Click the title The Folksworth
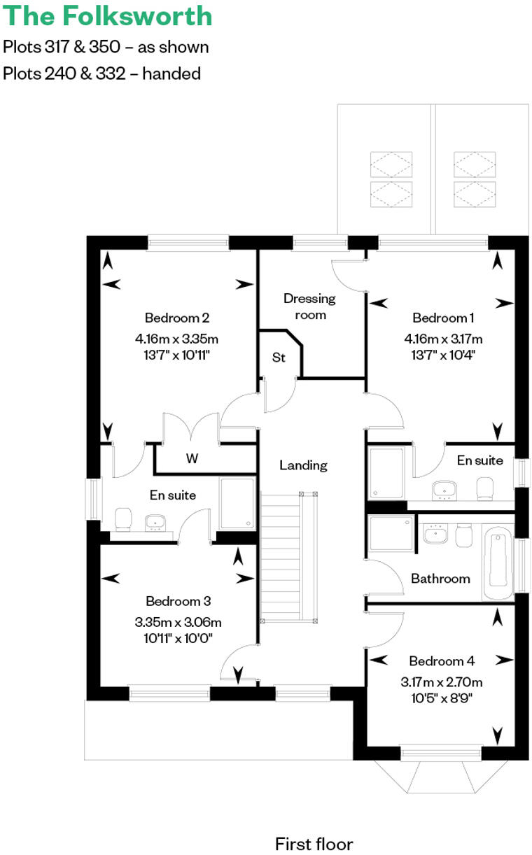pyautogui.click(x=107, y=15)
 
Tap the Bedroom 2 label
pyautogui.click(x=177, y=317)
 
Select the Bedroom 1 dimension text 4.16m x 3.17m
pyautogui.click(x=443, y=339)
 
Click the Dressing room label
pyautogui.click(x=309, y=306)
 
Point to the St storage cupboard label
pyautogui.click(x=279, y=358)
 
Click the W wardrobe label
pyautogui.click(x=192, y=459)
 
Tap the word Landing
pyautogui.click(x=303, y=465)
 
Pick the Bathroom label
pyautogui.click(x=440, y=579)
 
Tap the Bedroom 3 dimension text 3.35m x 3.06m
pyautogui.click(x=178, y=621)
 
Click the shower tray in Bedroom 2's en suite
pyautogui.click(x=237, y=503)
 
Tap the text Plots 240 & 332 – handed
pyautogui.click(x=101, y=73)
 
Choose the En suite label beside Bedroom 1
pyautogui.click(x=479, y=460)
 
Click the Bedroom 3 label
pyautogui.click(x=178, y=601)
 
